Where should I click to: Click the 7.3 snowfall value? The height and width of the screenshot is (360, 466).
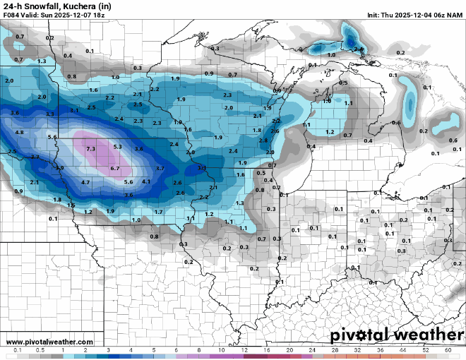[90, 149]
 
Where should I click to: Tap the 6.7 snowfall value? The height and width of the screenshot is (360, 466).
[116, 169]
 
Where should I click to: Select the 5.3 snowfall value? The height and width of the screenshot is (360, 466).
[117, 147]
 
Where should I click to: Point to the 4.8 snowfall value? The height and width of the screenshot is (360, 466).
[19, 133]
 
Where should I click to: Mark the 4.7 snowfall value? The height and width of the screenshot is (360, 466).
[85, 182]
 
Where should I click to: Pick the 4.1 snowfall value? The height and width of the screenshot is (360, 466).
[146, 181]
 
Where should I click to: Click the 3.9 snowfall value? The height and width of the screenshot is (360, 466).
[60, 168]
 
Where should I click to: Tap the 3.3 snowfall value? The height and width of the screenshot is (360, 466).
[49, 114]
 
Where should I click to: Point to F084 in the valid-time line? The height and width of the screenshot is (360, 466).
[12, 15]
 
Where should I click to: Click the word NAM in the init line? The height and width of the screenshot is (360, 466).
[455, 15]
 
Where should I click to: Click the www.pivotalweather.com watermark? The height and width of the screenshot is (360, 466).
[40, 342]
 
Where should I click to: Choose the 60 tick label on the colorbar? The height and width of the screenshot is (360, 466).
[448, 350]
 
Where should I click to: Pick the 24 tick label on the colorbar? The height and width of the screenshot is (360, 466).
[312, 350]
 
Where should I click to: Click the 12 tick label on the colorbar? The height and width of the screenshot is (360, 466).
[244, 350]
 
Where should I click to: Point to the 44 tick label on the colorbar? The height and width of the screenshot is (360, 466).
[402, 350]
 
